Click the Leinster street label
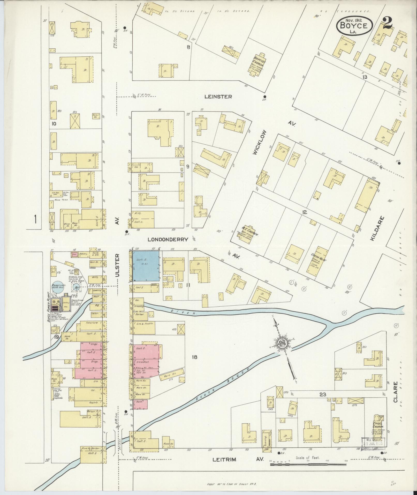click(218, 97)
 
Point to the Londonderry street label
click(168, 239)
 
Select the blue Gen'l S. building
click(146, 266)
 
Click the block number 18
click(194, 357)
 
